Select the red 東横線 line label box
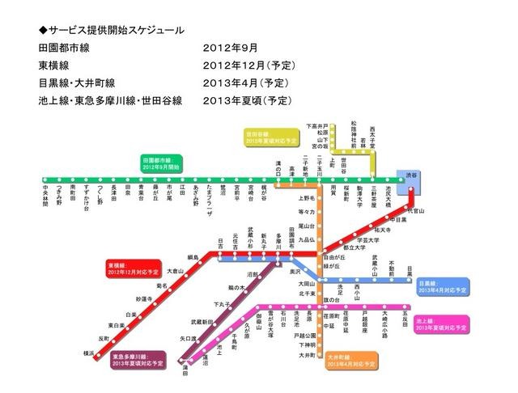(x=131, y=266)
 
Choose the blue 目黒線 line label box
(x=441, y=287)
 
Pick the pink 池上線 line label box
(x=441, y=324)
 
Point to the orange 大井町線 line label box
(x=352, y=360)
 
